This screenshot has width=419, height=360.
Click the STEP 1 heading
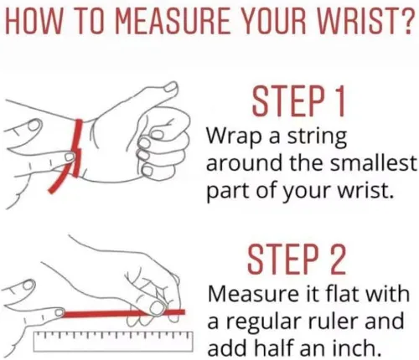point(298,102)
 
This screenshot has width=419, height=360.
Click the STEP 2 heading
point(297,259)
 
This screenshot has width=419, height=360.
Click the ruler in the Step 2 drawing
point(113,341)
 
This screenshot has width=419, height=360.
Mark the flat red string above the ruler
point(124,313)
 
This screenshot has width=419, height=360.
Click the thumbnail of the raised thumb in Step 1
point(169,87)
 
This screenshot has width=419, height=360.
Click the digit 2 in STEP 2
point(336,259)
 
